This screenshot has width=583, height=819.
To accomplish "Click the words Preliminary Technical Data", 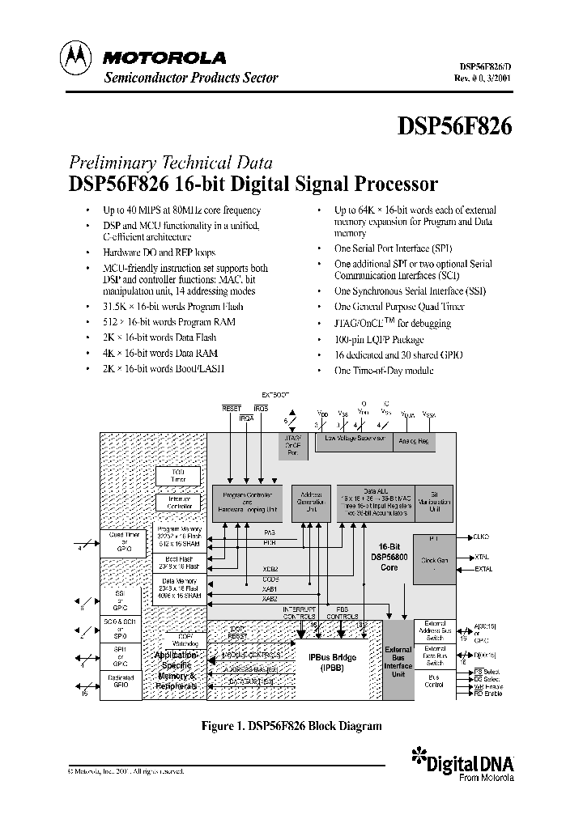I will (170, 161).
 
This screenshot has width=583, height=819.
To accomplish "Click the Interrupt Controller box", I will (179, 503).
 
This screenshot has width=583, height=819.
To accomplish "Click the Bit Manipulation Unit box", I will (435, 502).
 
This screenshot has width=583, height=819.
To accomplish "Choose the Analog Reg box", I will (414, 441).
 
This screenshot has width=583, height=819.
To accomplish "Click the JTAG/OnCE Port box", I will (292, 444).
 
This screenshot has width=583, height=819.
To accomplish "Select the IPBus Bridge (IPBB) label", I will (338, 663).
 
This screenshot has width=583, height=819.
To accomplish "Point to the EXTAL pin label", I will (483, 570).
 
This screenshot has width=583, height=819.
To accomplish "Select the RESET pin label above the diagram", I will (232, 409).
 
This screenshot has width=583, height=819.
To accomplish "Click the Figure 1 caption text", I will (291, 726).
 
